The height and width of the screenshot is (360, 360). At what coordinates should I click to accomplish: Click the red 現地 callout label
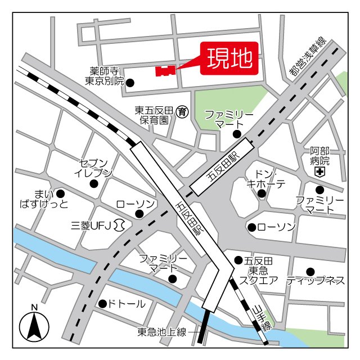(229, 58)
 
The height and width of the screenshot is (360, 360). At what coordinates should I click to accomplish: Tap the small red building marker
(164, 71)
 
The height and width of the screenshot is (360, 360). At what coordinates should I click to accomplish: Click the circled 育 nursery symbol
(182, 111)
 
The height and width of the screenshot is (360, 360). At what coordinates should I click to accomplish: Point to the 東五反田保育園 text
(151, 115)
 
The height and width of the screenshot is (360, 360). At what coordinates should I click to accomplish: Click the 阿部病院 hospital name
(319, 155)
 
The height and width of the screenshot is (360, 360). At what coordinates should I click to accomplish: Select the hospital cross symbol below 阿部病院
(319, 171)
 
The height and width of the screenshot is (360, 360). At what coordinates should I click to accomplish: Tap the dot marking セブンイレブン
(94, 183)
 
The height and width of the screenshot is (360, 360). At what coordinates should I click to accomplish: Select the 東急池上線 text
(162, 332)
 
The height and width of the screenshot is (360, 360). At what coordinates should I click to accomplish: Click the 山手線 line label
(262, 318)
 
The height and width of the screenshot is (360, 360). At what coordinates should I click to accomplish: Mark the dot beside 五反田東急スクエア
(237, 260)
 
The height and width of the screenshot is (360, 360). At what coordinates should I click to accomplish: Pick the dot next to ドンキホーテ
(261, 194)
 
